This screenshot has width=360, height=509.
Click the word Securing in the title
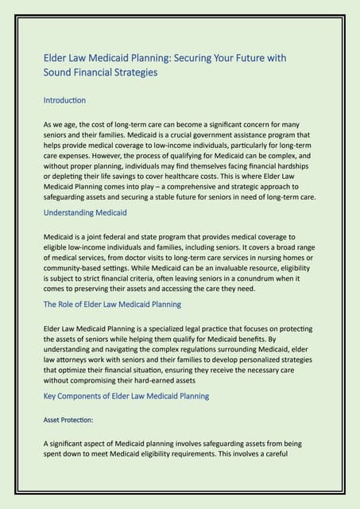point(206,58)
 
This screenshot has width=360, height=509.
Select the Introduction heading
point(64,101)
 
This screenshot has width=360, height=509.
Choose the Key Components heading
point(126,395)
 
